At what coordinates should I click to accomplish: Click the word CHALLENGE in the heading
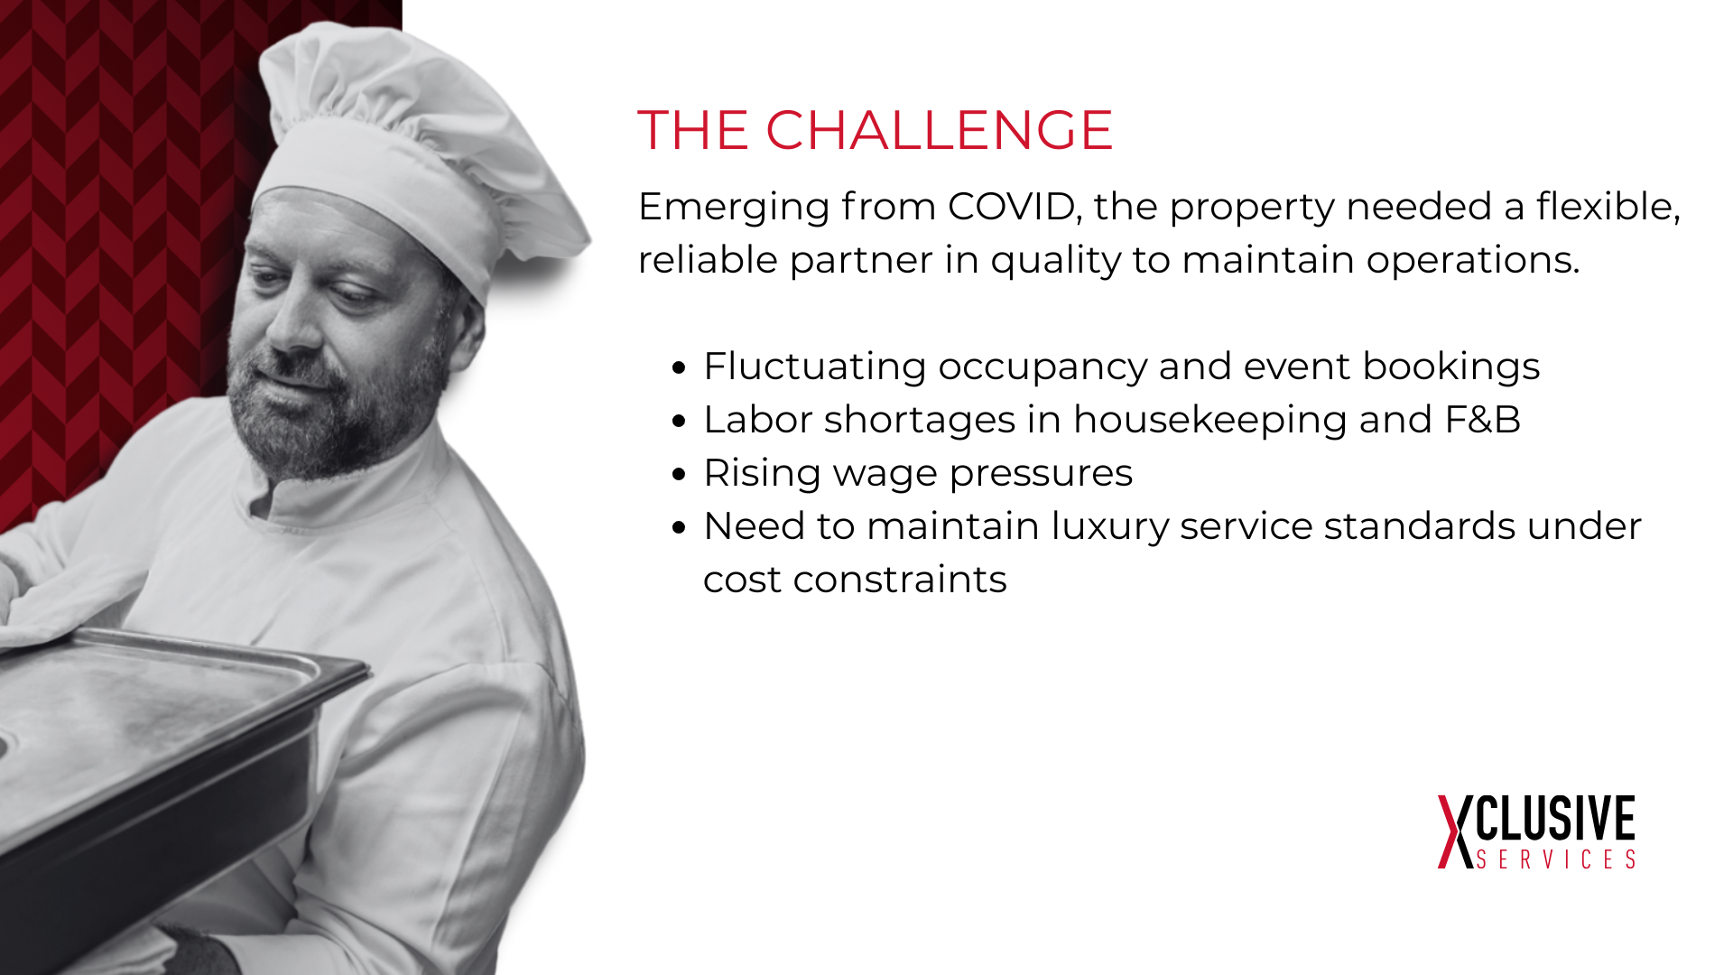coord(939,130)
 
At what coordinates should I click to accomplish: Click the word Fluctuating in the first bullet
coord(815,367)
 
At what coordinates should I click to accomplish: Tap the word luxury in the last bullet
coord(1109,527)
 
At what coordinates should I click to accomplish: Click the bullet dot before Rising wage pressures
coord(680,475)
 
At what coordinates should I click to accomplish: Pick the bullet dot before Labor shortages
coord(680,422)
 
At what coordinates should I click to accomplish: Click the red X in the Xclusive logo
coord(1455,831)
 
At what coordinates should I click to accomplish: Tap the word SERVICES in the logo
coord(1556,859)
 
